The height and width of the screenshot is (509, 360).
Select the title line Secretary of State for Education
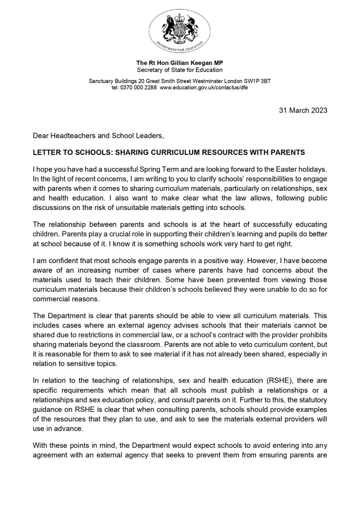(x=180, y=70)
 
